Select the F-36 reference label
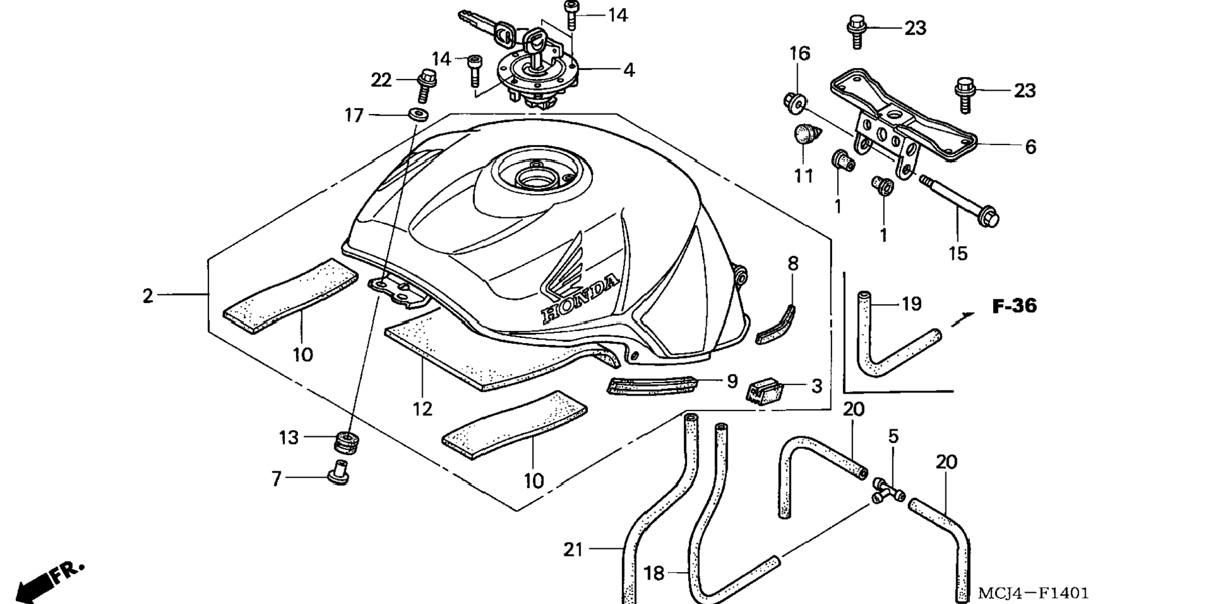click(x=1014, y=306)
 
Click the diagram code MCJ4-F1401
click(x=1033, y=593)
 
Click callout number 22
click(x=381, y=80)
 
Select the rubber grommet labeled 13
click(x=346, y=441)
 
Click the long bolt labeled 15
click(x=958, y=200)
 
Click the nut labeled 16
click(x=795, y=102)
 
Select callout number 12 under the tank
click(x=422, y=409)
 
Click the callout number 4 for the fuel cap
click(x=629, y=70)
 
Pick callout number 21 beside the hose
click(x=573, y=550)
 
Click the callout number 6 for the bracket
click(x=1030, y=146)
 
